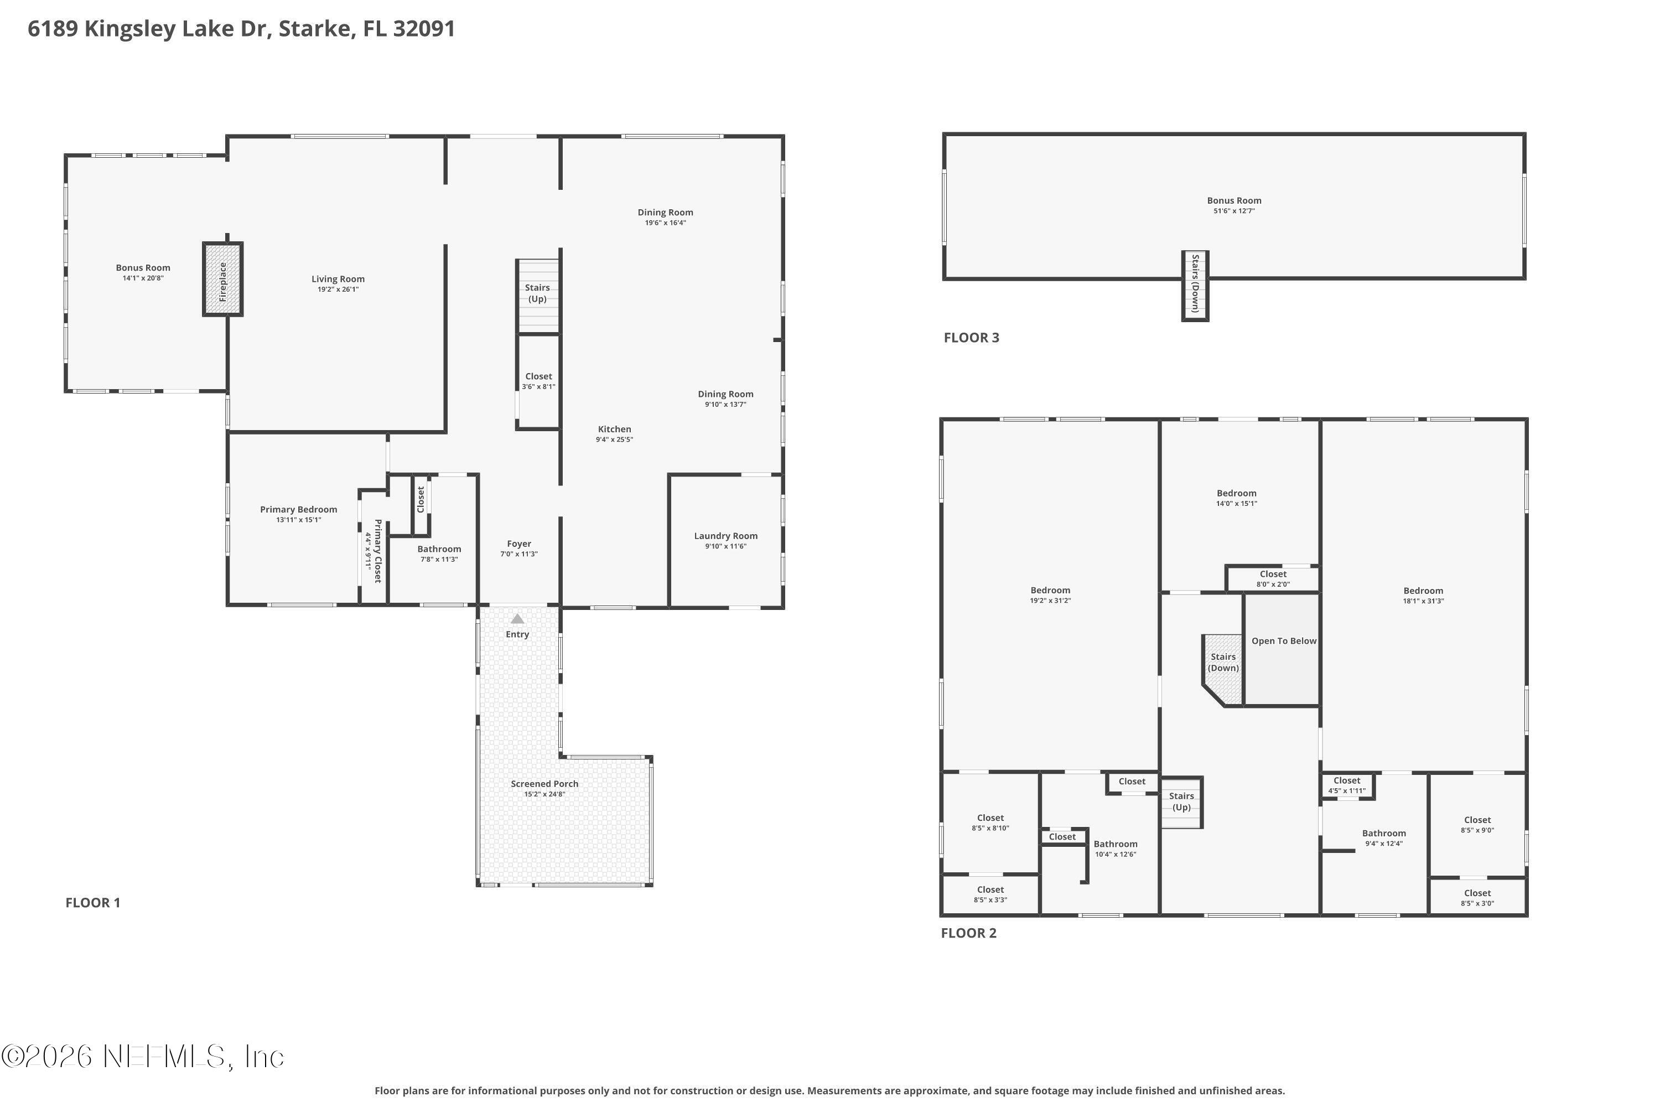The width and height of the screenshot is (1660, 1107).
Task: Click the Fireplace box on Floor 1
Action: [223, 280]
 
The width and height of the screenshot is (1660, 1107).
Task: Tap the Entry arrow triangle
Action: [517, 619]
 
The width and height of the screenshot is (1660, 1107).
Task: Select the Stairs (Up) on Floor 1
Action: [538, 294]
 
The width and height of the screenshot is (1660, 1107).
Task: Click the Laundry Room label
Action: [725, 536]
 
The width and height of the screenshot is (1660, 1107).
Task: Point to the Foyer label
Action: [519, 544]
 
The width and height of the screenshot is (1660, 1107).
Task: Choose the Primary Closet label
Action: [377, 551]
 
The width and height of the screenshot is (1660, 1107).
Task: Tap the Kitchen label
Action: [614, 430]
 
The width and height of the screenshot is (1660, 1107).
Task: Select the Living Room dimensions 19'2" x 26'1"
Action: [338, 289]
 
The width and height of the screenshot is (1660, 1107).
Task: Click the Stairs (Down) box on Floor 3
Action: [1195, 284]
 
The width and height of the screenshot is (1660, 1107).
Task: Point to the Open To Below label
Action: [1284, 641]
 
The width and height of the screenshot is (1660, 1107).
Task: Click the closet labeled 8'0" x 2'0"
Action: [1273, 579]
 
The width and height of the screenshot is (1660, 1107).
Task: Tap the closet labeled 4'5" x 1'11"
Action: [1347, 785]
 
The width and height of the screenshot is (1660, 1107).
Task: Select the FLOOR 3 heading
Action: [971, 338]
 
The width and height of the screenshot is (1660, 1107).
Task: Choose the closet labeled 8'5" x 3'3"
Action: [990, 894]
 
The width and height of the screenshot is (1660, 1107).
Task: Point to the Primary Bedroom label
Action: [299, 509]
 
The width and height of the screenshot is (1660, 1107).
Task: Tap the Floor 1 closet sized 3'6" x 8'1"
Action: [538, 381]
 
